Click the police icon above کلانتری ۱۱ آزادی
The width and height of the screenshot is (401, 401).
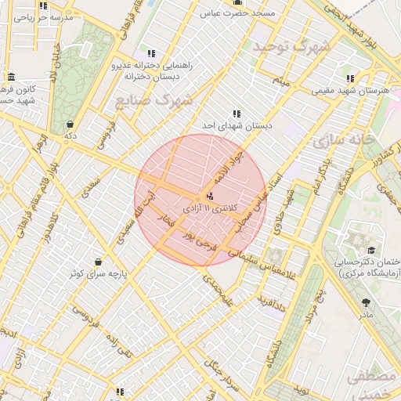(209, 196)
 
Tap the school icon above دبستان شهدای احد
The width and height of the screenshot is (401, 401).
(237, 114)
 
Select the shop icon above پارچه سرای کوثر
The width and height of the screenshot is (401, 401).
(98, 262)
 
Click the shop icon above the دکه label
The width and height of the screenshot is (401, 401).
(70, 124)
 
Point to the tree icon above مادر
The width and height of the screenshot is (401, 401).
(366, 302)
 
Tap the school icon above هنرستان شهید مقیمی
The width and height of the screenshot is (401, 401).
(349, 78)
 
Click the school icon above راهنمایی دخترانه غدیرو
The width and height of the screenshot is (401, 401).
(152, 53)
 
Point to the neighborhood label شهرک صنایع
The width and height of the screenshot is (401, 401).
(154, 100)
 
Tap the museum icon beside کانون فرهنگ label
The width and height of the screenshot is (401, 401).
(11, 77)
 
